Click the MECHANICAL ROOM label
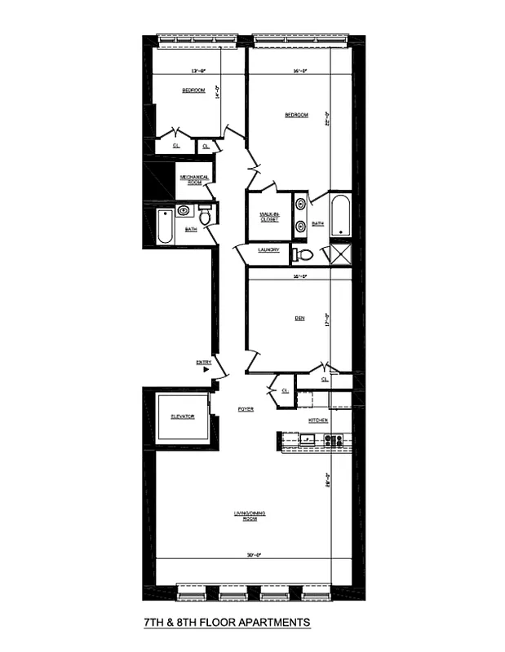[194, 180]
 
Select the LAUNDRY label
[269, 250]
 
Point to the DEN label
[299, 318]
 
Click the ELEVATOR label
[182, 416]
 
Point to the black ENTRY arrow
[207, 369]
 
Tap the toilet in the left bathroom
[204, 217]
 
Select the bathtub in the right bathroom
[339, 215]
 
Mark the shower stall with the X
[339, 253]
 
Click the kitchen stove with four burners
[333, 440]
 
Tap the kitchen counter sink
[308, 440]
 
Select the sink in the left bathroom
[184, 210]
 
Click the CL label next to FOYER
[285, 391]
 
